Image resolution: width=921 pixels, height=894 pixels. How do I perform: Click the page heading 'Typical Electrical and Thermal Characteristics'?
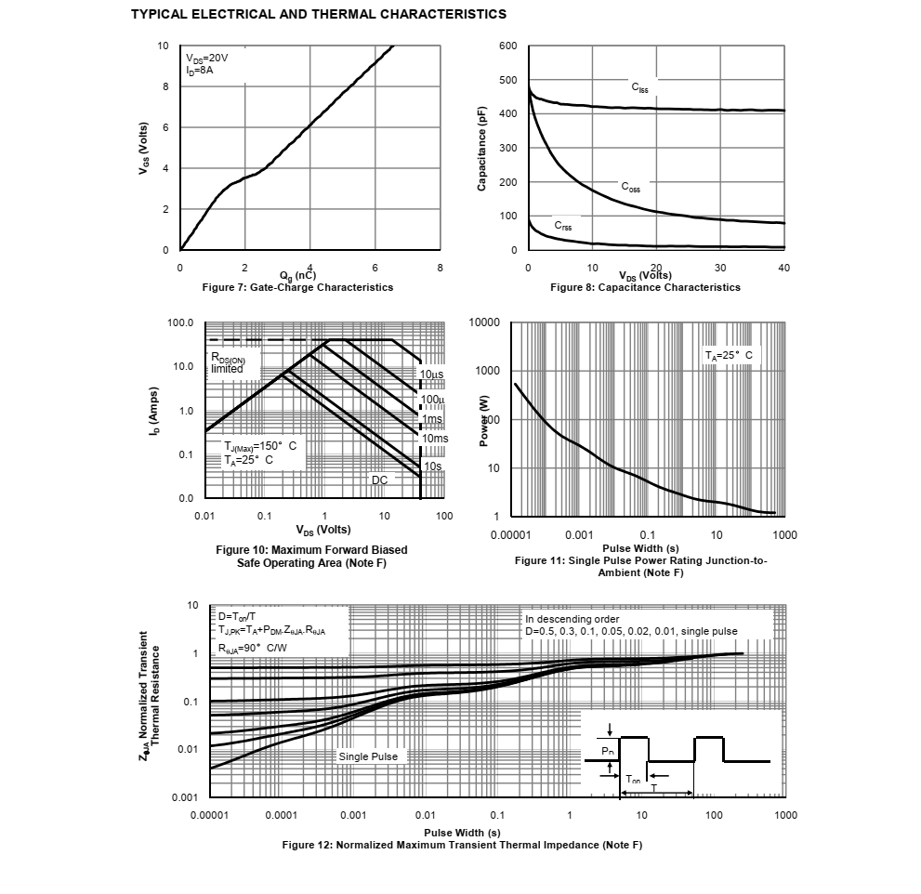click(x=319, y=14)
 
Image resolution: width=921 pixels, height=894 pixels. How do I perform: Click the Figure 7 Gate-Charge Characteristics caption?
click(x=297, y=287)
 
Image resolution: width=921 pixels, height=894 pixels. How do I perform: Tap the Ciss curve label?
click(x=640, y=87)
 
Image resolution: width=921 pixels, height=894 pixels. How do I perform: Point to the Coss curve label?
click(x=631, y=188)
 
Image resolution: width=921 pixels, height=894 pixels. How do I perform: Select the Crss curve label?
click(x=563, y=225)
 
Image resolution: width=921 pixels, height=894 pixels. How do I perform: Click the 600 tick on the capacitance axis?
click(x=507, y=46)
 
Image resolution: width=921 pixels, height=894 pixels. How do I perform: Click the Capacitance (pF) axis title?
click(x=481, y=149)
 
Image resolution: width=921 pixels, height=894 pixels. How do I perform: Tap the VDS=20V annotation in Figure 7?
click(x=206, y=58)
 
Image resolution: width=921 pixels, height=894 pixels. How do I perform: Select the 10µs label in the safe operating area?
click(x=432, y=375)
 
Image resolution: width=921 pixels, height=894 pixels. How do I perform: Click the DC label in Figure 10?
click(x=379, y=480)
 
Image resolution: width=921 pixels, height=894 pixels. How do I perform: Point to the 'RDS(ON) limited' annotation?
click(x=228, y=362)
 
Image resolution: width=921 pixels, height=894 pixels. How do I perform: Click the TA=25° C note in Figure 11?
click(x=728, y=355)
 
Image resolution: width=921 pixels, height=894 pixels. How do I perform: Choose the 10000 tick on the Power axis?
click(x=484, y=322)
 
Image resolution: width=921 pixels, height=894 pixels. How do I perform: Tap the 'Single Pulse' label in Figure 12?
click(x=368, y=756)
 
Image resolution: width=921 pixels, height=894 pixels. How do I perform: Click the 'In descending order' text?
click(x=572, y=619)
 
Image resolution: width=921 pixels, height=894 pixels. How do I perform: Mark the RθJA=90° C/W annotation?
click(x=253, y=649)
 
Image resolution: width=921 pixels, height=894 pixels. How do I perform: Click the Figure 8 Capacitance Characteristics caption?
click(x=645, y=287)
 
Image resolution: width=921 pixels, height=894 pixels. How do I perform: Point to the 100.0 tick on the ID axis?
click(x=180, y=323)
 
